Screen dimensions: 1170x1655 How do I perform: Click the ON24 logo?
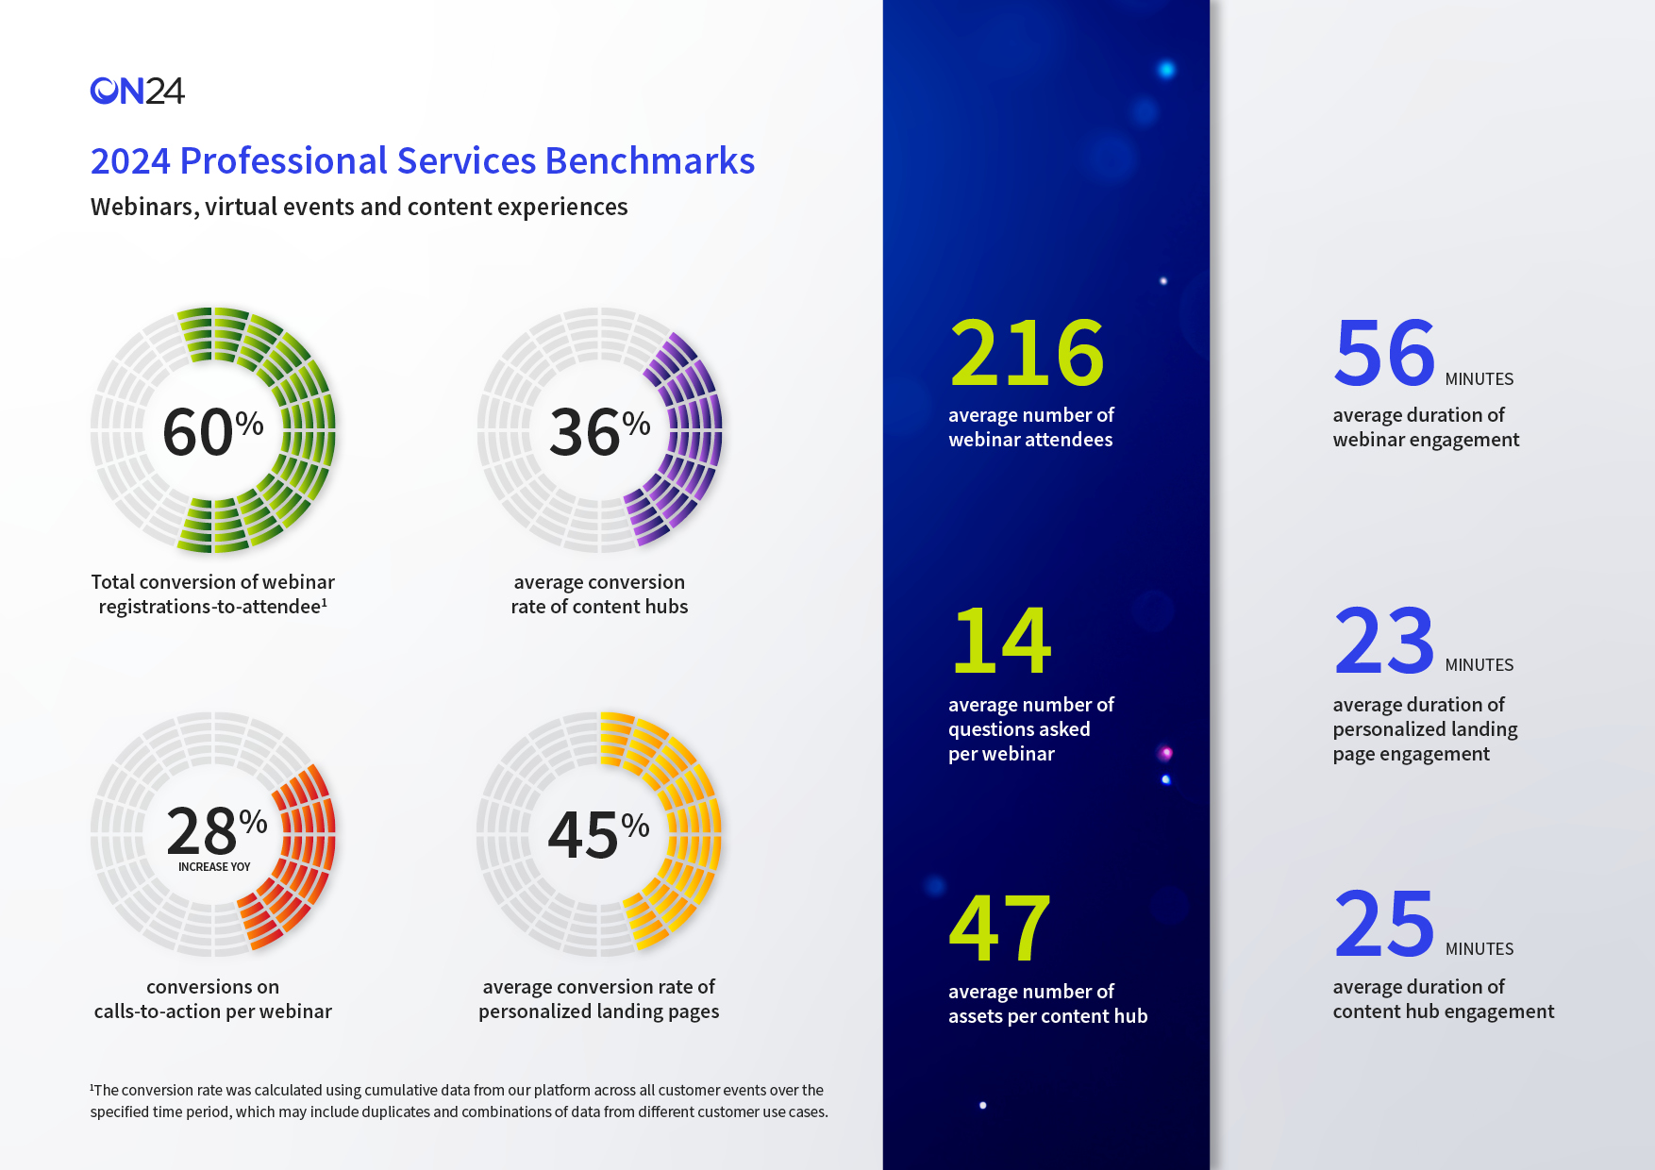point(137,91)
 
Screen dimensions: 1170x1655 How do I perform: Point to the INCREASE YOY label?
point(214,867)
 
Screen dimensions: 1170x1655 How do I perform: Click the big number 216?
point(1027,353)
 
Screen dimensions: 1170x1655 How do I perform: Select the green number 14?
point(1001,641)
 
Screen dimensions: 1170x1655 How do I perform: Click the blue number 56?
point(1384,353)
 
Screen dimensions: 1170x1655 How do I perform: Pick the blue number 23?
point(1384,641)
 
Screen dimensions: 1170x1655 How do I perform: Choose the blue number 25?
point(1384,925)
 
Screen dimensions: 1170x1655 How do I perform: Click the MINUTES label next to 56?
point(1479,379)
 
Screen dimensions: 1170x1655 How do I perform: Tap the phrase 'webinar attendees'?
point(1029,440)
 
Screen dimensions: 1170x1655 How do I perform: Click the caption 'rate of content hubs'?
point(599,607)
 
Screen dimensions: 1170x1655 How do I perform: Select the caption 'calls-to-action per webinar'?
point(212,1011)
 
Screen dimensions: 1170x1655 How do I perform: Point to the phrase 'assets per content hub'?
point(1047,1016)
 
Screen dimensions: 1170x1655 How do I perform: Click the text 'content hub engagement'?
point(1443,1011)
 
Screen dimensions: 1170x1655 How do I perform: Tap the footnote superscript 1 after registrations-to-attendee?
point(325,602)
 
